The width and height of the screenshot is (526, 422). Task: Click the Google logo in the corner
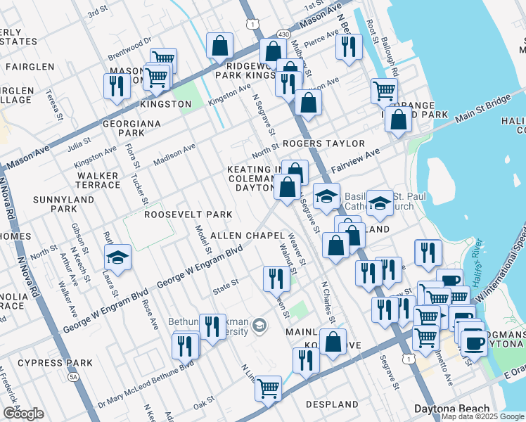coord(23,414)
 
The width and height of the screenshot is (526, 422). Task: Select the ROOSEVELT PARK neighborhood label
coord(188,214)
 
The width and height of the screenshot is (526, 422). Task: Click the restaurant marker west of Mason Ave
coord(116,87)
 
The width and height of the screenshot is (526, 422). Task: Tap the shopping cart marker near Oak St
coord(268,388)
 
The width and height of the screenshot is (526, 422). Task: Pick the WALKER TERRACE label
coord(98,180)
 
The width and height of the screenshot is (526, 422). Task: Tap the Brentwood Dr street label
coord(129,50)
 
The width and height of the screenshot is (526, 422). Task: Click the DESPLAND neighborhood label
coord(332,404)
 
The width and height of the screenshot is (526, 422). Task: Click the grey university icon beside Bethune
coord(260,325)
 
